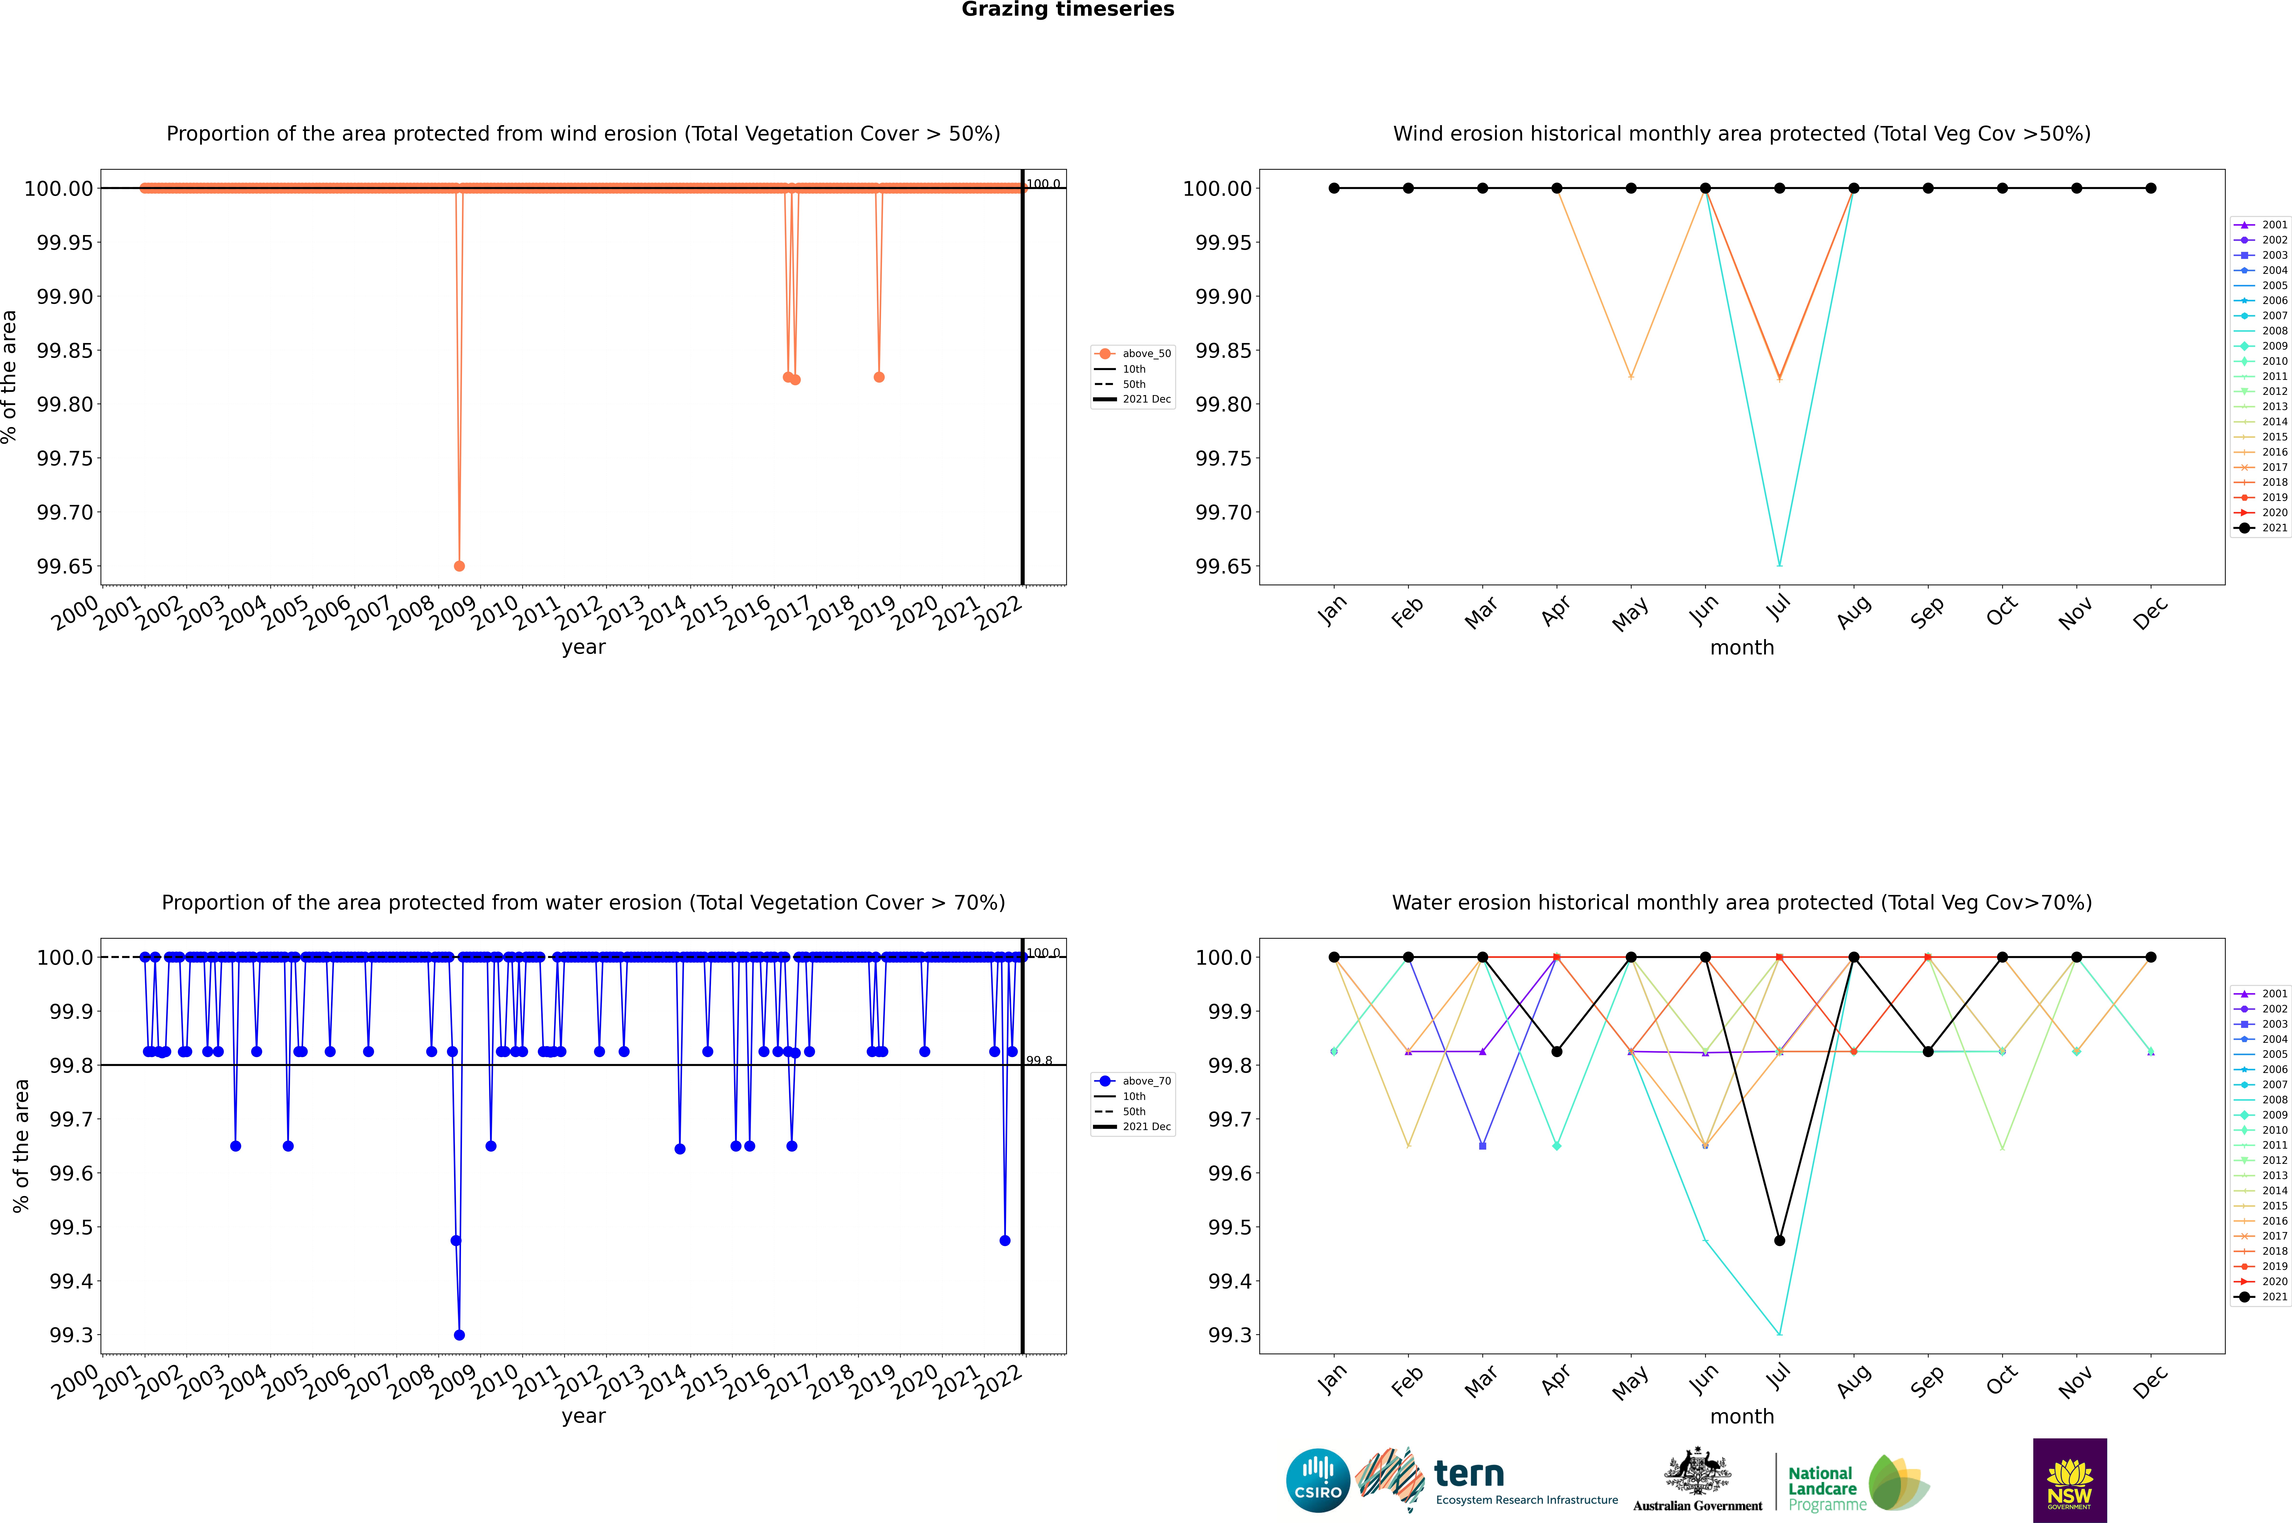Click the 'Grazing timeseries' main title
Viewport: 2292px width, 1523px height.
tap(1068, 10)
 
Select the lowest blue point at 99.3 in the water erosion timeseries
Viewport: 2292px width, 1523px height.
tap(460, 1334)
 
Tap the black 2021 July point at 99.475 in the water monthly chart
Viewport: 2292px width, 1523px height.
tap(1779, 1240)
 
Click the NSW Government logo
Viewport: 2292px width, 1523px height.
tap(2069, 1480)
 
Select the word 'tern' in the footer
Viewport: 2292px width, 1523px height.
tap(1469, 1475)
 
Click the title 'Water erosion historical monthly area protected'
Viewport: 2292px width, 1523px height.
tap(1741, 902)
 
